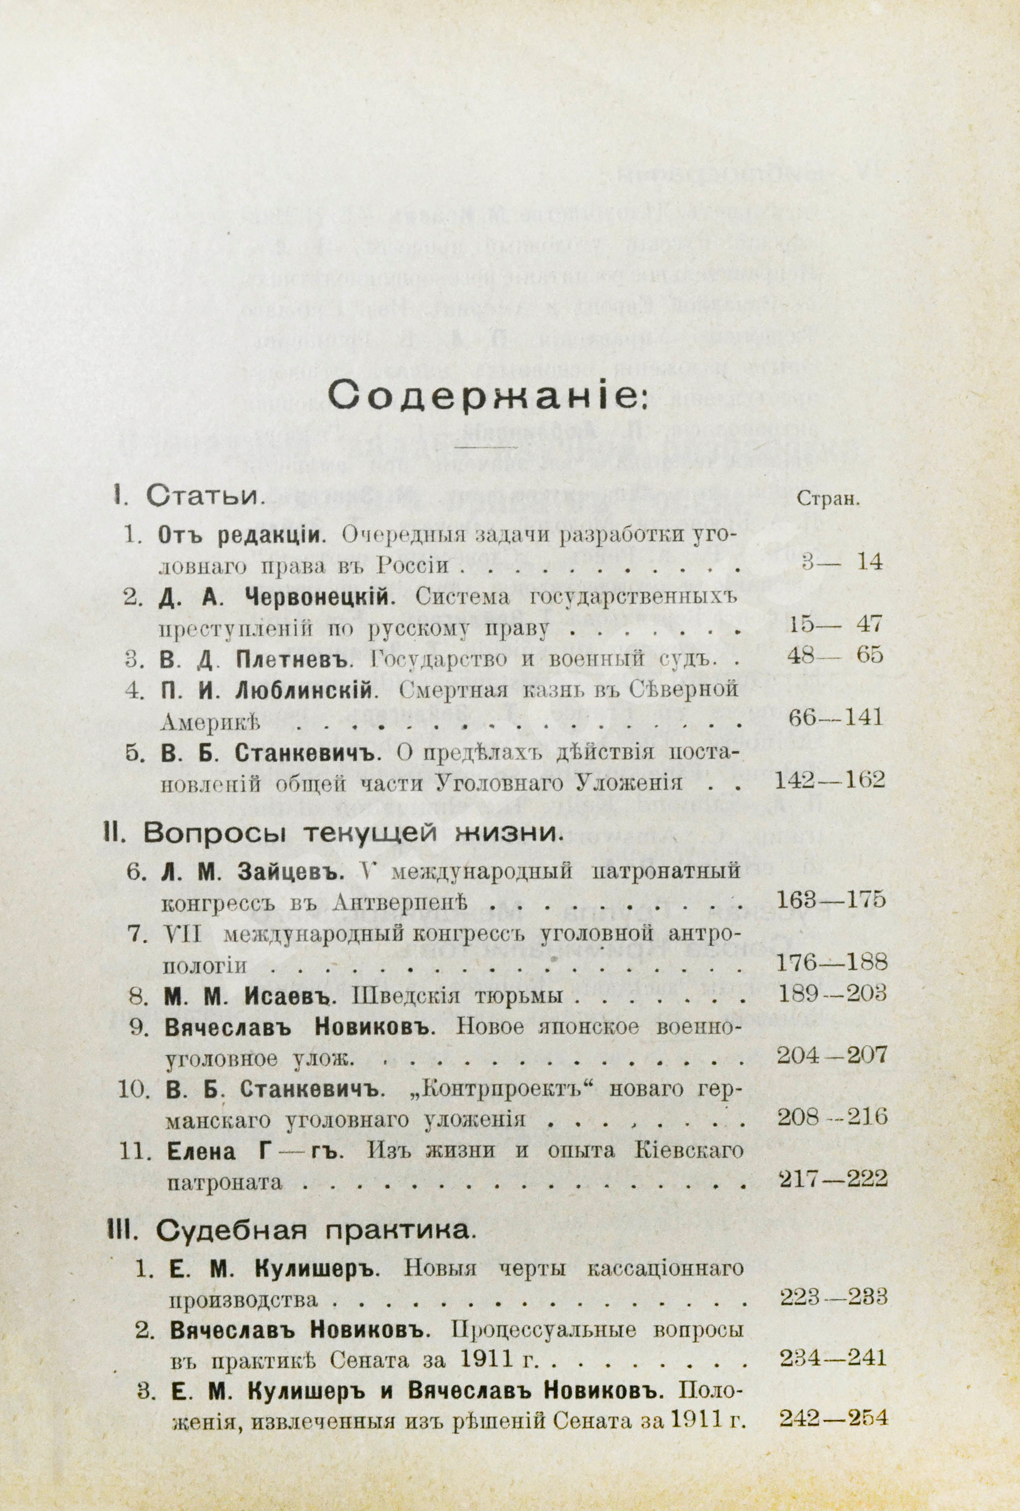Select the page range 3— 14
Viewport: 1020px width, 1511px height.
click(x=841, y=562)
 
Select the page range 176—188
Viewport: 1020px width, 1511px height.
click(x=832, y=961)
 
